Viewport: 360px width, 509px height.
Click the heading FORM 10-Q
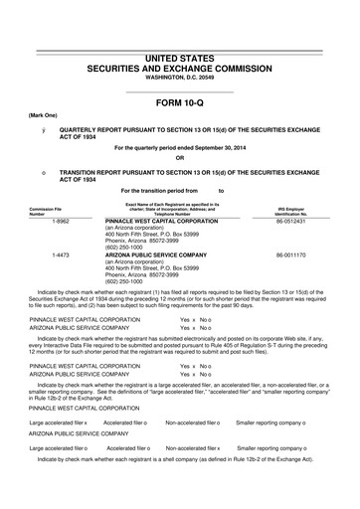[x=179, y=102]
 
